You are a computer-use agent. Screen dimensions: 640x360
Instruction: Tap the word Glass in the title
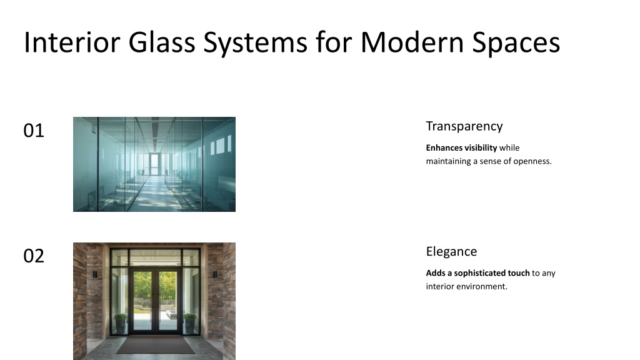[x=162, y=42]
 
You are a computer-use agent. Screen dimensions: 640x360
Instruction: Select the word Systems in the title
[x=255, y=43]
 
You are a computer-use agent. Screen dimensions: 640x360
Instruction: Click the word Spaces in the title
[x=516, y=43]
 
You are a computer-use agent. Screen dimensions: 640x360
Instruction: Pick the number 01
[x=34, y=131]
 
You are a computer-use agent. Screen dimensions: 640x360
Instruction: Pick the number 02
[x=34, y=256]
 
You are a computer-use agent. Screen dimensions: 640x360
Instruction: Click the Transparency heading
[x=464, y=126]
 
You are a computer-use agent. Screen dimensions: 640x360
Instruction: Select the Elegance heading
[x=451, y=251]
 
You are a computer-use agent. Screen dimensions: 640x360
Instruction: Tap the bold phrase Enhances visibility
[x=462, y=147]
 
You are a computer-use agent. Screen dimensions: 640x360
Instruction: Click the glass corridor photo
[x=154, y=164]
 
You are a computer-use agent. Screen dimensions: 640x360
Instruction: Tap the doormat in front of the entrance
[x=156, y=345]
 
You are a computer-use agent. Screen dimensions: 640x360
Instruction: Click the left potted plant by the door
[x=121, y=322]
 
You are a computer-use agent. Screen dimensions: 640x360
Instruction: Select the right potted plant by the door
[x=190, y=322]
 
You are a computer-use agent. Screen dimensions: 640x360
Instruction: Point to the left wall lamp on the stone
[x=95, y=274]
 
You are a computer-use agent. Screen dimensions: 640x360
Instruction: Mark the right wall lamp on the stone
[x=215, y=274]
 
